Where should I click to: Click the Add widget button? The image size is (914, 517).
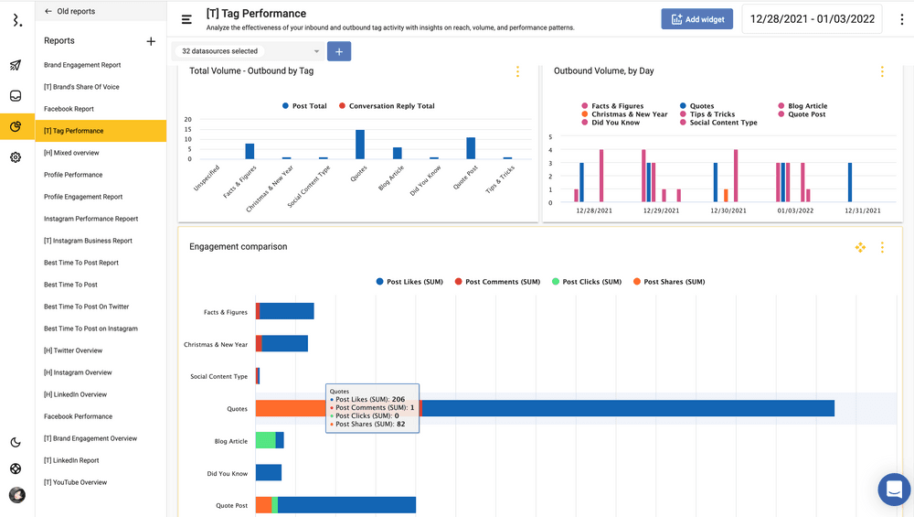(697, 19)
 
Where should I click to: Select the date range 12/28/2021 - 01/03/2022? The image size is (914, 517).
(813, 19)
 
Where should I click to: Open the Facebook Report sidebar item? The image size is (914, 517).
(69, 109)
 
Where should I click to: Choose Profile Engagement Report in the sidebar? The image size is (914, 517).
(83, 197)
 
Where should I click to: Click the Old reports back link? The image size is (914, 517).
(70, 12)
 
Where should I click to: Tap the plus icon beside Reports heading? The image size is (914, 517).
(151, 41)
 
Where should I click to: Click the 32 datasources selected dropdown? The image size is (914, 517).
(250, 51)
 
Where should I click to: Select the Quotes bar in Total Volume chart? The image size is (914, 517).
(360, 145)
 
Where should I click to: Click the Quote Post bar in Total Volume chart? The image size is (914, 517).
(471, 148)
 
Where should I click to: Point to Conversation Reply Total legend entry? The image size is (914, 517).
(391, 106)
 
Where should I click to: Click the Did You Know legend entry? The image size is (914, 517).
(615, 123)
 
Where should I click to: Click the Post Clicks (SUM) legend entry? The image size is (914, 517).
(591, 282)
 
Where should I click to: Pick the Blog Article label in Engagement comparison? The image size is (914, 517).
(230, 441)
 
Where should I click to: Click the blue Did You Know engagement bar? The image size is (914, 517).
(269, 473)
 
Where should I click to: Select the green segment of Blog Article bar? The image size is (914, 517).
(265, 440)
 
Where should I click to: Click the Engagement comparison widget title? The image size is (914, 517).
(238, 247)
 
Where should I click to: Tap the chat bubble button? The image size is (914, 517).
(893, 490)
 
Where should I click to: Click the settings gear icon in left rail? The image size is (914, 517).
(16, 157)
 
